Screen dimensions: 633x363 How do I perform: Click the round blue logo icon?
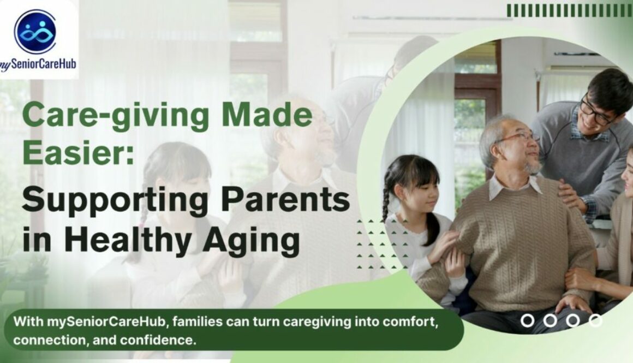(35, 31)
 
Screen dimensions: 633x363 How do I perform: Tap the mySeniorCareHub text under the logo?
(38, 64)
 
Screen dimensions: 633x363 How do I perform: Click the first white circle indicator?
(527, 320)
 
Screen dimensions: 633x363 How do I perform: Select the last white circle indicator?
(595, 320)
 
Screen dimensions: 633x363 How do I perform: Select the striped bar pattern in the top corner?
(570, 11)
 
